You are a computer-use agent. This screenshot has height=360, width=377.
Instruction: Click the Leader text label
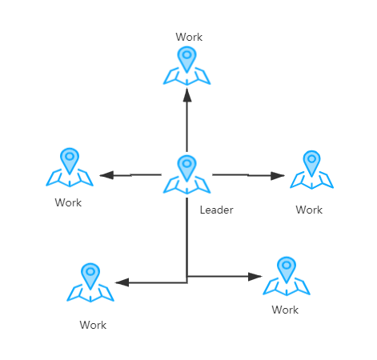216,210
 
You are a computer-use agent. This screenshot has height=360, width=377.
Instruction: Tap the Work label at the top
189,37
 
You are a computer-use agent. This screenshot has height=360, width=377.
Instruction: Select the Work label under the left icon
68,202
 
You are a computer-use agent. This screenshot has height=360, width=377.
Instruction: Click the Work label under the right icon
309,210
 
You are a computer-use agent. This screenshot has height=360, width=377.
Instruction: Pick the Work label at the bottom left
93,325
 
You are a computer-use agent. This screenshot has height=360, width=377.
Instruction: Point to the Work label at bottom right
285,310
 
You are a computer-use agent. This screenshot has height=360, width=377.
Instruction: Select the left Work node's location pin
70,161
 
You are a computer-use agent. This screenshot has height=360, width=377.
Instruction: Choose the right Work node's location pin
311,163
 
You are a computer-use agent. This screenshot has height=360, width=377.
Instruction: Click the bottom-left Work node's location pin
90,276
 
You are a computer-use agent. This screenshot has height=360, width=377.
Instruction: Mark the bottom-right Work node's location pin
287,270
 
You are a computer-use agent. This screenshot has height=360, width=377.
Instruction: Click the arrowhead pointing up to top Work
187,95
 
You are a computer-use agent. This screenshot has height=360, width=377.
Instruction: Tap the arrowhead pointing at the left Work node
106,175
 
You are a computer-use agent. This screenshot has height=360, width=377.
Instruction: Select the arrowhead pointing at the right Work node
278,176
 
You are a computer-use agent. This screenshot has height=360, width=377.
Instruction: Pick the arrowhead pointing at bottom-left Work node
122,282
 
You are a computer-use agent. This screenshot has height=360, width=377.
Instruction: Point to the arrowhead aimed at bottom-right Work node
255,277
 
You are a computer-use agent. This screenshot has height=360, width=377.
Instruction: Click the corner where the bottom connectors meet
186,282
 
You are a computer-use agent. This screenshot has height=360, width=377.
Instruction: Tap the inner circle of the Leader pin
186,163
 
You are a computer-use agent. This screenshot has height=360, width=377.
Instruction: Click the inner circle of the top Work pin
186,54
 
